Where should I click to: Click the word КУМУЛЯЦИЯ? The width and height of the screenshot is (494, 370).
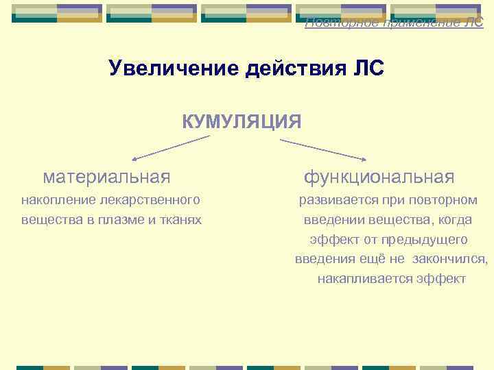[x=241, y=122]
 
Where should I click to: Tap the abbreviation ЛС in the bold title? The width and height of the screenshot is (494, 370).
[x=370, y=69]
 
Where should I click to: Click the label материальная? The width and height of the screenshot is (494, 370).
[x=106, y=177]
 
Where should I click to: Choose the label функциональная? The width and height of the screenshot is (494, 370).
[x=379, y=177]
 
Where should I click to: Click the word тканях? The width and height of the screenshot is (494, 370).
[x=180, y=220]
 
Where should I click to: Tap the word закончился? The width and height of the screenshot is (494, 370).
[x=453, y=260]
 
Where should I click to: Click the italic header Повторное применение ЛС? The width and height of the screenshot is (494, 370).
[x=394, y=23]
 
